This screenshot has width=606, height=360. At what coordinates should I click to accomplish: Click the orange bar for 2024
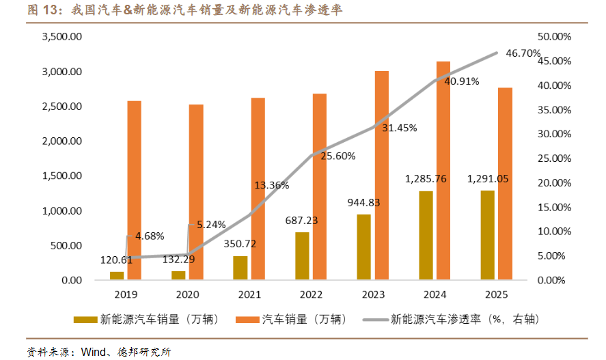443,171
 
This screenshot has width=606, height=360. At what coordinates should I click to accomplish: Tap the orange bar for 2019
135,191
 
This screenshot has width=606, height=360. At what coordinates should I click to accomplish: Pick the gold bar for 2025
486,235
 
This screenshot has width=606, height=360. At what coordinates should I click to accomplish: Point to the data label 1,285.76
426,179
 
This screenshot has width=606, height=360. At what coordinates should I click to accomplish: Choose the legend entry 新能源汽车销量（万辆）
159,319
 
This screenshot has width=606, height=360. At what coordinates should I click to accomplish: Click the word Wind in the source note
92,352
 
